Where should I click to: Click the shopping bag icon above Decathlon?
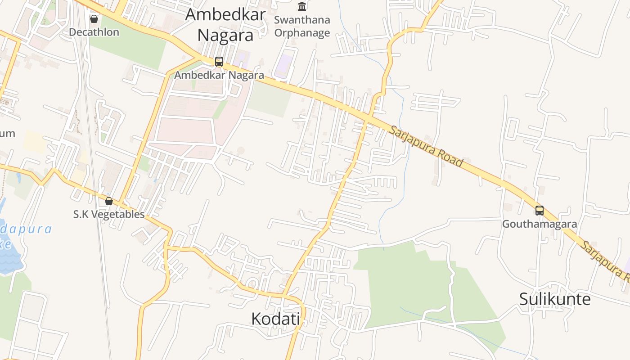click(x=94, y=19)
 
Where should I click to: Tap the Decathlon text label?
click(x=94, y=32)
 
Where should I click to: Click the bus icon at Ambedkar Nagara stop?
click(x=219, y=62)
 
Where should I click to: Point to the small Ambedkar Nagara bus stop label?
click(x=219, y=75)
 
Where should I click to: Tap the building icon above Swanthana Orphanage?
click(x=302, y=6)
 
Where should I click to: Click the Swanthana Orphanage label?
click(x=302, y=27)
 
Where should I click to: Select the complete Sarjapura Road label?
click(x=425, y=146)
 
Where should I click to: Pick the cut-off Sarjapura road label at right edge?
click(x=605, y=259)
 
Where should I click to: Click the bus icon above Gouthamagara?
click(x=539, y=210)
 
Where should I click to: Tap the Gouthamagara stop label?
click(x=539, y=224)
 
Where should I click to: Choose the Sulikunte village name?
click(x=554, y=299)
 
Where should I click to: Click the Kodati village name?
click(x=275, y=319)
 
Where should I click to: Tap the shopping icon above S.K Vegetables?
click(x=109, y=201)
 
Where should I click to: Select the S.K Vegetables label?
click(x=109, y=214)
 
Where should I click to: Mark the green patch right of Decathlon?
click(x=130, y=45)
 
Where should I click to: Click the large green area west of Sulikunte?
click(x=405, y=283)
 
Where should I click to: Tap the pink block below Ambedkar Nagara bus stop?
click(x=184, y=130)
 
